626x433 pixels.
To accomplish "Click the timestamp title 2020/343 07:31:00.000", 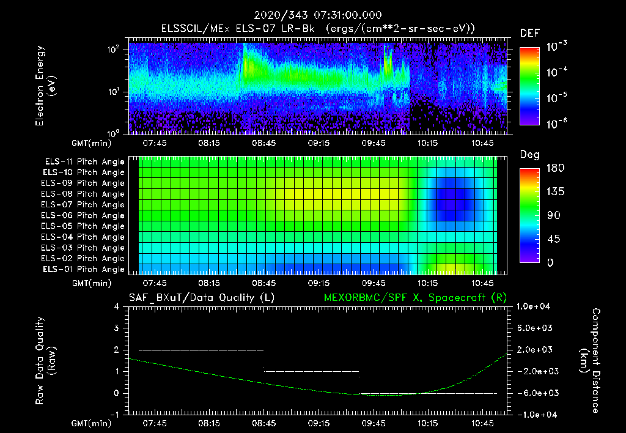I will tap(313, 15).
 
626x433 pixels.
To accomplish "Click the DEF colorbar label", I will tap(529, 33).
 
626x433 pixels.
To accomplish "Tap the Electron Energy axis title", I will tap(45, 86).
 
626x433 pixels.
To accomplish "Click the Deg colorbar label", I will tap(529, 154).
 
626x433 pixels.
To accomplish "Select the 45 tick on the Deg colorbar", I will tap(551, 239).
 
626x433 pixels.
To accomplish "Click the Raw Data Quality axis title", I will tap(45, 361).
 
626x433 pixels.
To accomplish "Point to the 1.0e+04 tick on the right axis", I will tap(534, 306).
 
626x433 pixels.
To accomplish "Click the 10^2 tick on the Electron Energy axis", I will tap(114, 50).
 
